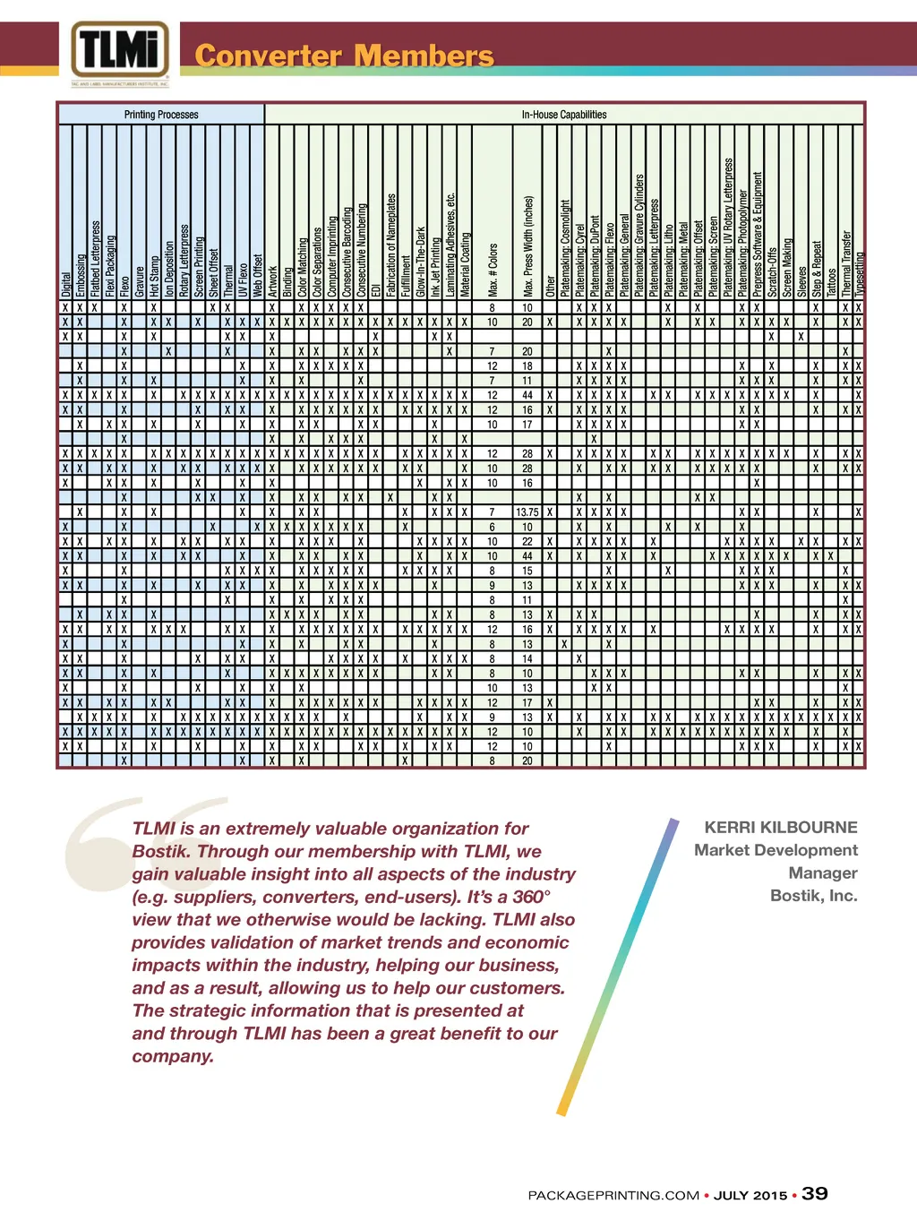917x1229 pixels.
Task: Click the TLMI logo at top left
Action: (x=120, y=50)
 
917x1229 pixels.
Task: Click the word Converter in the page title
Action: (x=268, y=56)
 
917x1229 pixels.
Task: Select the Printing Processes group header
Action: (x=161, y=115)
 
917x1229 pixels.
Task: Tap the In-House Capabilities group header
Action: (x=564, y=115)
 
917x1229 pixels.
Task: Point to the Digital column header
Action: (x=65, y=284)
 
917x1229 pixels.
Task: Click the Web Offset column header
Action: (x=257, y=275)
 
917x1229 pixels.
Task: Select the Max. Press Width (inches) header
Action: (x=528, y=246)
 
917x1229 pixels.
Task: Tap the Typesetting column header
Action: (x=860, y=273)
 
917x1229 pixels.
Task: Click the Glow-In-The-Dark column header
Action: (x=420, y=262)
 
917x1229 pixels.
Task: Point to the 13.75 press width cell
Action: (x=527, y=512)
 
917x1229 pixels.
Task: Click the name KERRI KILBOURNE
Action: (x=781, y=828)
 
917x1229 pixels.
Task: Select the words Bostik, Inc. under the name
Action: (x=814, y=896)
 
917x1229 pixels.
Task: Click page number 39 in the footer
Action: (x=815, y=1194)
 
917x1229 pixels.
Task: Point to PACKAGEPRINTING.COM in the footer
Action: (x=613, y=1196)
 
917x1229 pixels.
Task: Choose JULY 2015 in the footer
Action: (x=750, y=1196)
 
